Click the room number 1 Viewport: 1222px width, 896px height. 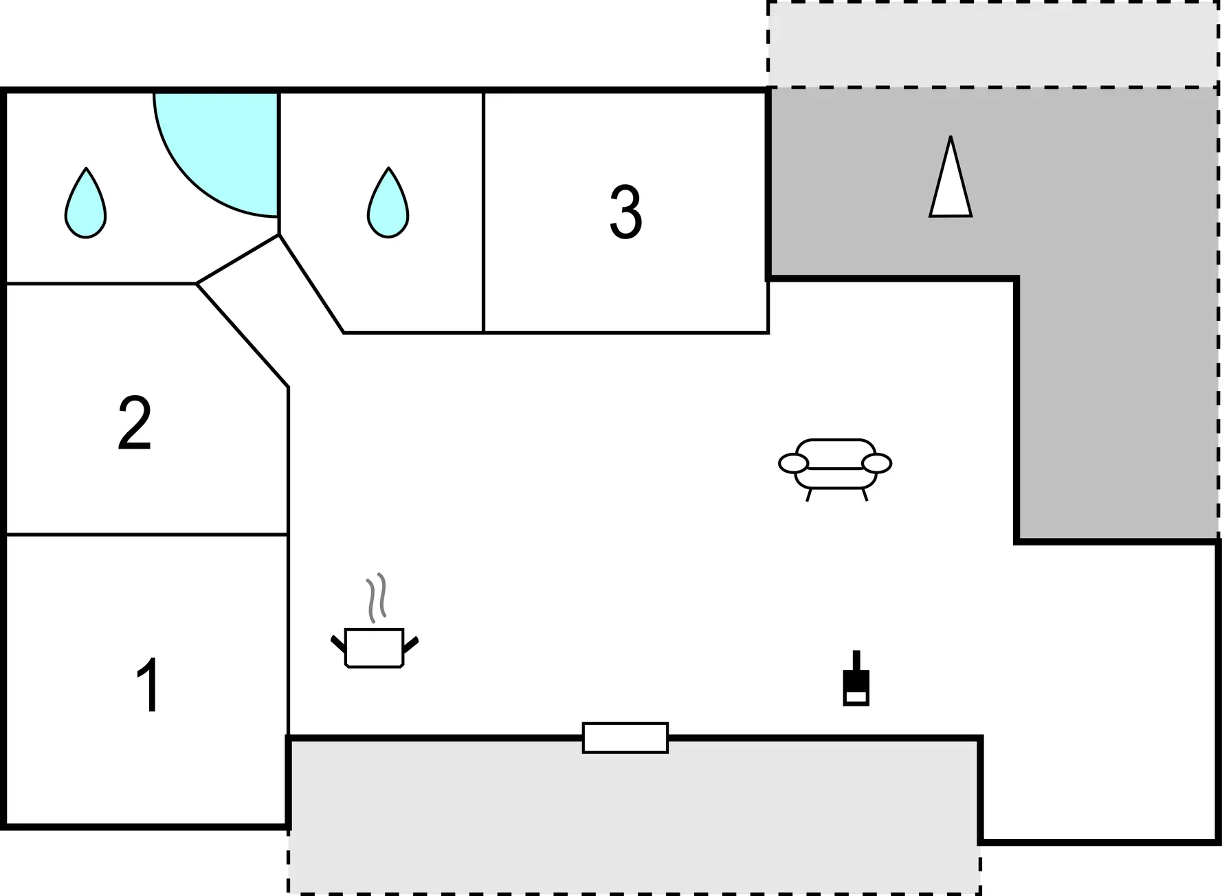[148, 685]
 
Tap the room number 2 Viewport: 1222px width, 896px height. [135, 423]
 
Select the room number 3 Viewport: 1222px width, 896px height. [625, 212]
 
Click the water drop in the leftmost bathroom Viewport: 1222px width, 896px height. [86, 203]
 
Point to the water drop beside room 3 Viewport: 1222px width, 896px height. [388, 202]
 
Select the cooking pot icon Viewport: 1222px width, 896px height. [375, 647]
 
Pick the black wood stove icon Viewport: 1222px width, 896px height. [856, 678]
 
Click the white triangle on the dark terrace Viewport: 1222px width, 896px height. [951, 177]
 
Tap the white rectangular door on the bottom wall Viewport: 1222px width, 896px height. [625, 738]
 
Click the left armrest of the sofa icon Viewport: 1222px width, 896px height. [793, 464]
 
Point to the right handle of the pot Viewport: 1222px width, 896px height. [410, 645]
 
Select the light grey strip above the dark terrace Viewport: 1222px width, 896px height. [993, 45]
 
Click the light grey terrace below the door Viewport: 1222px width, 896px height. [634, 816]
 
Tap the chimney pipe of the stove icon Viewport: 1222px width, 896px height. [856, 660]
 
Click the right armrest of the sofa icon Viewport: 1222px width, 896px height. [876, 464]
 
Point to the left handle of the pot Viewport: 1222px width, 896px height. [339, 645]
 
